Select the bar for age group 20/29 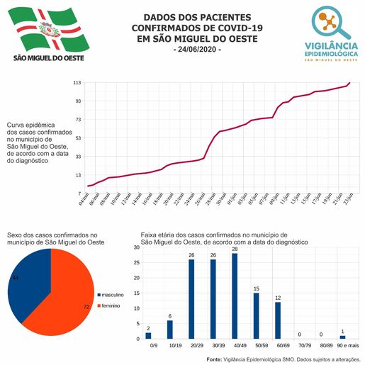191,298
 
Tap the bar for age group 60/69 278,320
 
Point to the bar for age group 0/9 148,335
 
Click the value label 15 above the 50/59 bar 256,288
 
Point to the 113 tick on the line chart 77,83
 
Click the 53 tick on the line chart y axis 78,137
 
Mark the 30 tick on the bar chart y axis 135,248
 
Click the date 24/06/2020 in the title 198,50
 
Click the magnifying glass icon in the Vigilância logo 333,23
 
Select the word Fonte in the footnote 213,359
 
